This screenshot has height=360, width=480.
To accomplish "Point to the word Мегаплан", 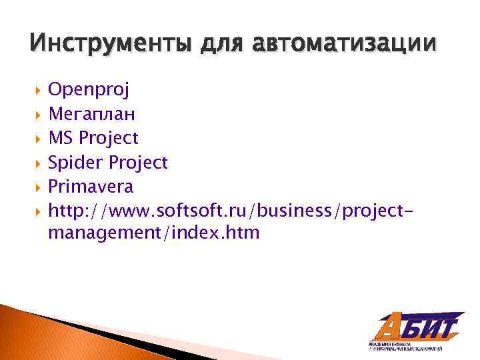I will pyautogui.click(x=92, y=114).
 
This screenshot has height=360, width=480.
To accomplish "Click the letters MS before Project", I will pyautogui.click(x=61, y=138).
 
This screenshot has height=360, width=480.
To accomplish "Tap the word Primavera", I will pyautogui.click(x=91, y=186).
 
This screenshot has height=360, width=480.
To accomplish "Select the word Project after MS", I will pyautogui.click(x=109, y=138).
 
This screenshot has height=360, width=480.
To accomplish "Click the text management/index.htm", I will pyautogui.click(x=153, y=233).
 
